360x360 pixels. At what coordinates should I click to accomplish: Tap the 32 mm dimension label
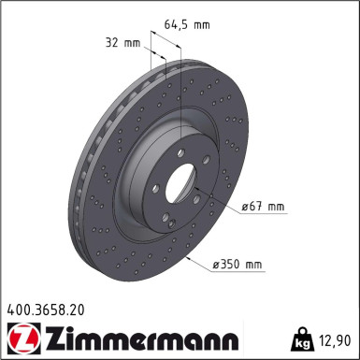[x=123, y=42]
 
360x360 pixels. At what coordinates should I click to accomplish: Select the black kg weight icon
[x=301, y=338]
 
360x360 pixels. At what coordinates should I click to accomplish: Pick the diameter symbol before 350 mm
[x=217, y=266]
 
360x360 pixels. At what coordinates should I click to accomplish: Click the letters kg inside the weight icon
[x=301, y=342]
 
